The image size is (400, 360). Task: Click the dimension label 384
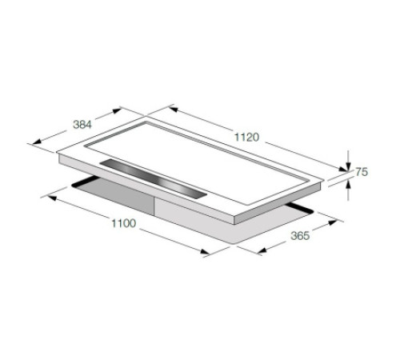(x=83, y=124)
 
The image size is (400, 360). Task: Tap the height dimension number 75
(x=361, y=172)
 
